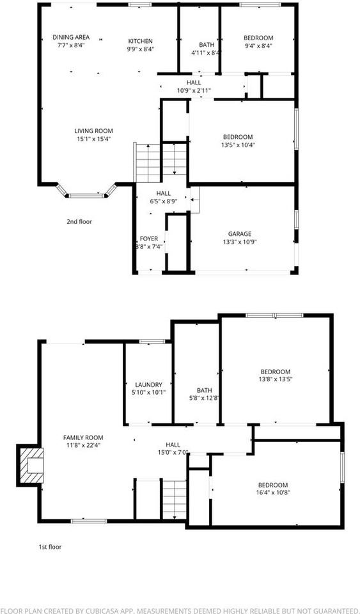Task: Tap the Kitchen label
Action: pos(140,40)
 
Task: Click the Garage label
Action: pos(240,233)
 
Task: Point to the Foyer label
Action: pos(148,239)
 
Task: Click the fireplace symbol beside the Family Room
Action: pos(30,464)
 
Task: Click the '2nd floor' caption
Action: pos(79,222)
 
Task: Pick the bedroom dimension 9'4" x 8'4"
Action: pos(258,46)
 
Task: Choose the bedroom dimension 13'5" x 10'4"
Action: pos(238,145)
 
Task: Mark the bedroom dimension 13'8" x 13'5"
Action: pos(275,379)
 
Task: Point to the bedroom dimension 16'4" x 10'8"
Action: pos(272,492)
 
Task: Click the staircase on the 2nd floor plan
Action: pos(159,161)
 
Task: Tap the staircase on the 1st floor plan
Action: pos(173,499)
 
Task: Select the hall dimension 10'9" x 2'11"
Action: pos(194,91)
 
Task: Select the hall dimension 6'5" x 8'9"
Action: pos(163,201)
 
